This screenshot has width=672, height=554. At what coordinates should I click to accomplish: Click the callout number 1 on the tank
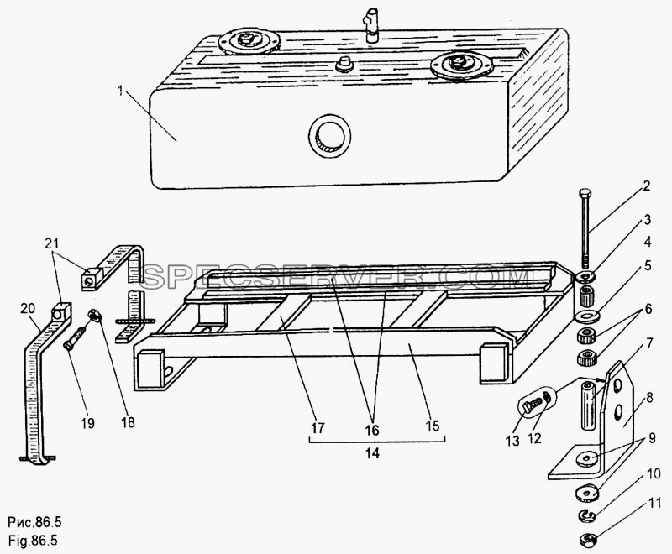pos(121,91)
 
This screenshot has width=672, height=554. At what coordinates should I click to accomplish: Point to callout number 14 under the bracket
pos(373,453)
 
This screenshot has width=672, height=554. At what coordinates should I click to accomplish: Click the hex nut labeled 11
pos(585,540)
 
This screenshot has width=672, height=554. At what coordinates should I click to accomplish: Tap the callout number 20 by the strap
pos(28,309)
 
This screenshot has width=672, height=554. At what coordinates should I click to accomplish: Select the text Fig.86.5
pos(33,541)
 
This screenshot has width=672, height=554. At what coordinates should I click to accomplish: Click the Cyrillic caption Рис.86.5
pos(34,522)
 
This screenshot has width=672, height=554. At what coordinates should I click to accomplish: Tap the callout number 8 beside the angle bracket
pos(649,398)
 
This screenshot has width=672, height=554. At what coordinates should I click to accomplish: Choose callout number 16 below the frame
pos(372,430)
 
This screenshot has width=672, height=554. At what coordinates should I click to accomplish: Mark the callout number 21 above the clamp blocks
pos(52,243)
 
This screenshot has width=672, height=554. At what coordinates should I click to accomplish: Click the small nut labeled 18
pos(94,316)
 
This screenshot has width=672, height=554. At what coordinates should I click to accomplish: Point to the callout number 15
pos(433,425)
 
